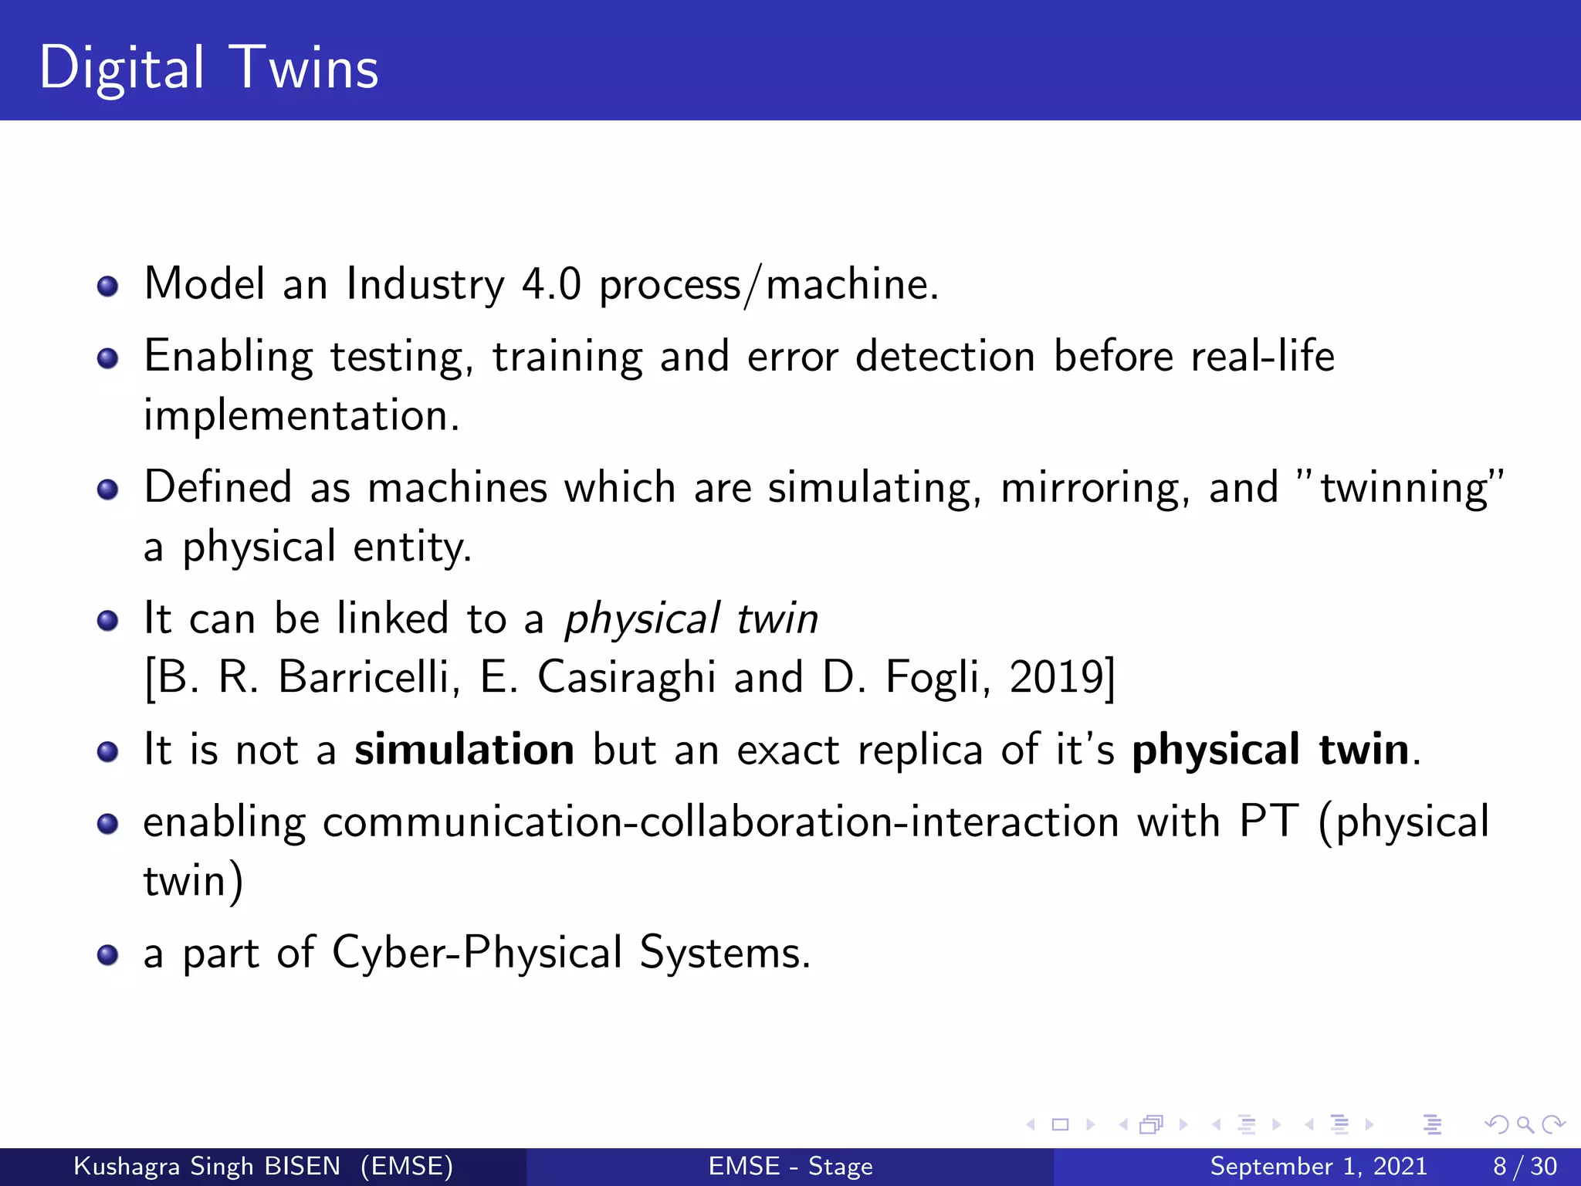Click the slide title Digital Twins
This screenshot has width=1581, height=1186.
click(x=208, y=68)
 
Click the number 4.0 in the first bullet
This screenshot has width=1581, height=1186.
click(x=551, y=284)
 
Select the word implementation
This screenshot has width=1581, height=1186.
click(x=301, y=416)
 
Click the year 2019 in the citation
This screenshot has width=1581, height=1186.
click(x=1057, y=677)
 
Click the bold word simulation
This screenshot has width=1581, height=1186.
click(x=464, y=750)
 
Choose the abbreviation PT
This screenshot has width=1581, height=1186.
click(x=1269, y=821)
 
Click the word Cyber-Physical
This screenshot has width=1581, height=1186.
click(x=477, y=953)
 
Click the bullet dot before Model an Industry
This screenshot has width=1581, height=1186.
click(x=108, y=287)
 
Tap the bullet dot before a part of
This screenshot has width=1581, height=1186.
click(x=108, y=956)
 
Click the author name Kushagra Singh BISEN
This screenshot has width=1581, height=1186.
click(x=207, y=1166)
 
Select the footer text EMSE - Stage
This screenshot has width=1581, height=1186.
click(x=790, y=1166)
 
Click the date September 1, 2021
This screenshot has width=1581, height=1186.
click(x=1318, y=1166)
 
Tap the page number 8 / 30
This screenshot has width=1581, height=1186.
click(x=1525, y=1166)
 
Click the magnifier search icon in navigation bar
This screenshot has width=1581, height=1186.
click(x=1525, y=1124)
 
